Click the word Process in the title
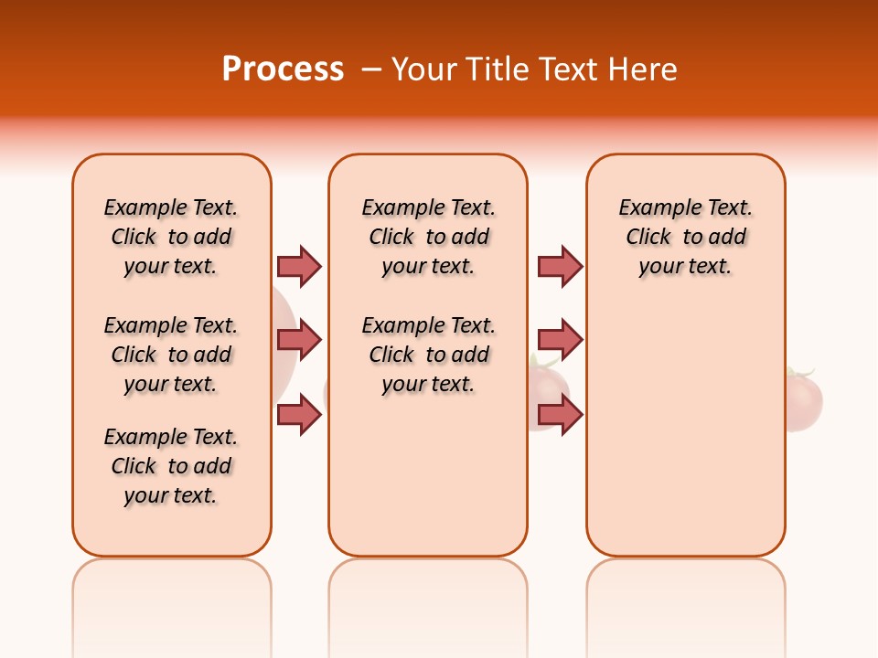(x=283, y=69)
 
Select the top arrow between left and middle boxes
(x=299, y=266)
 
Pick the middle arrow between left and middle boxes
(x=299, y=340)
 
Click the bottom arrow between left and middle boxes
(x=299, y=415)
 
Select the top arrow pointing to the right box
(x=560, y=266)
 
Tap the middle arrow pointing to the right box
(x=560, y=340)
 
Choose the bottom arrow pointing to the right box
(x=560, y=415)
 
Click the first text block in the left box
(x=171, y=237)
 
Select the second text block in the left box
(x=171, y=355)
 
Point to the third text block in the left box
(x=171, y=466)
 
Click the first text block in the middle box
(x=428, y=237)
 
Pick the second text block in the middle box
(x=428, y=355)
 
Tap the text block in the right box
(x=686, y=237)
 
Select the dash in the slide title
(x=371, y=69)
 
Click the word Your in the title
(x=423, y=69)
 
